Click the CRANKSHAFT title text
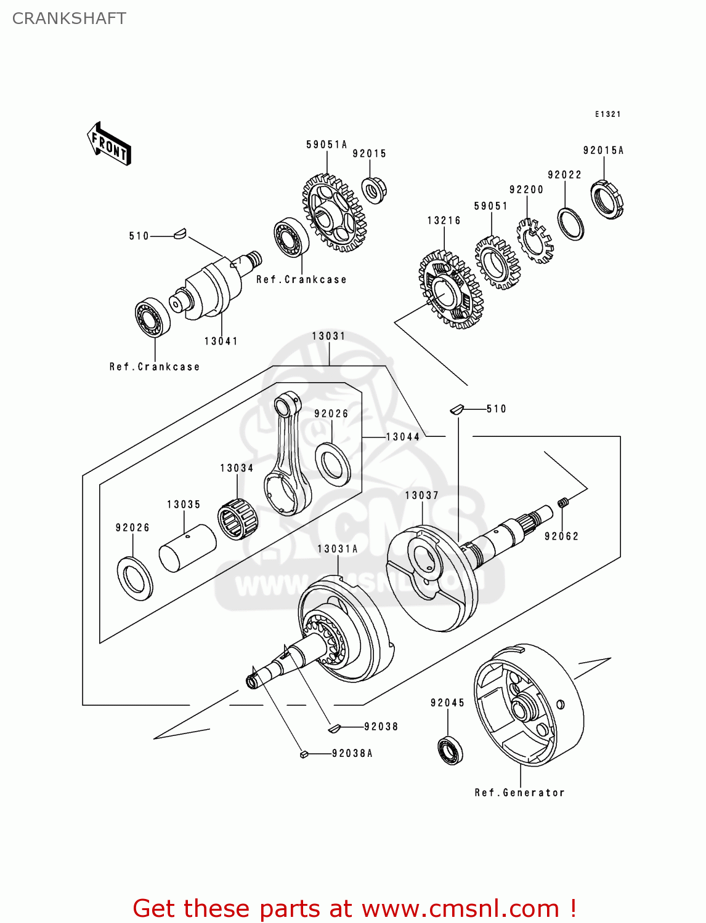coord(69,18)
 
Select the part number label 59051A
coord(327,145)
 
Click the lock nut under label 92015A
coord(607,199)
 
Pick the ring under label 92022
coord(570,224)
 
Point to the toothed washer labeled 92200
coord(534,241)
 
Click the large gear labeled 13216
coord(450,290)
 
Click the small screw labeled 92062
coord(562,503)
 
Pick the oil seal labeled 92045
coord(450,749)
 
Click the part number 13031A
coord(337,549)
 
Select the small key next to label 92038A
coord(303,754)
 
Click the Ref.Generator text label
coord(519,793)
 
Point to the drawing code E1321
coord(607,114)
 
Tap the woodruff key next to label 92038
coord(333,728)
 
